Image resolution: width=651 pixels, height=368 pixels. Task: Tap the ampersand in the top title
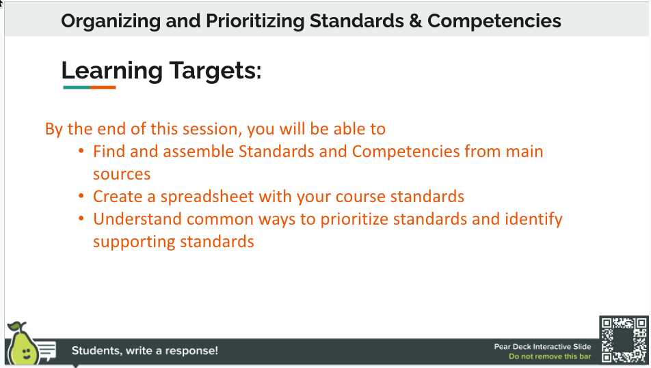point(414,21)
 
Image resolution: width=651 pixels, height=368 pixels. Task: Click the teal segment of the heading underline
point(76,87)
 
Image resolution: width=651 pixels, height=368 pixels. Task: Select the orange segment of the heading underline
point(103,87)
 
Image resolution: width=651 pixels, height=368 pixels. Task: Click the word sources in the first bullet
point(122,174)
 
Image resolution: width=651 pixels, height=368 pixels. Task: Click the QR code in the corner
point(623,339)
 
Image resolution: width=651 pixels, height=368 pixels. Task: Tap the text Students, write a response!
point(145,351)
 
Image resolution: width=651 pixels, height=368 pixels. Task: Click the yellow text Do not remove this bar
point(550,357)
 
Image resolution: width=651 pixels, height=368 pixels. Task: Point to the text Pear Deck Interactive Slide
point(542,347)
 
